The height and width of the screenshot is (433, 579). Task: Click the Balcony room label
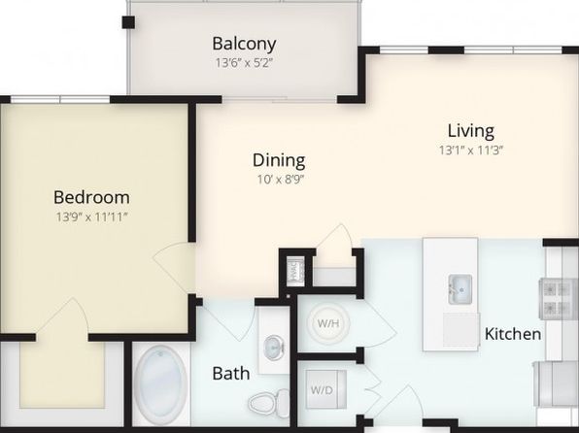(x=244, y=44)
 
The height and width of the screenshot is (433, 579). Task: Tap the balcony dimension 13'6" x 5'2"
(x=244, y=63)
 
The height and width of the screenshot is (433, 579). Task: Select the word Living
(x=471, y=131)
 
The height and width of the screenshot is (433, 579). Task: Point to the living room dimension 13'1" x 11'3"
(x=471, y=150)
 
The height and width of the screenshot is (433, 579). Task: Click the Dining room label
(x=279, y=160)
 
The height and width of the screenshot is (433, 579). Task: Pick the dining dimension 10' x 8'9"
(x=280, y=180)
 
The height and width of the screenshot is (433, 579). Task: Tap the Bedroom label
(x=91, y=197)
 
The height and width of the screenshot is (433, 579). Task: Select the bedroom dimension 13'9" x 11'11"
(x=91, y=216)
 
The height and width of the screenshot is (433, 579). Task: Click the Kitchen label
(x=513, y=334)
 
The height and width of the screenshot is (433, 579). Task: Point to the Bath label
(x=231, y=374)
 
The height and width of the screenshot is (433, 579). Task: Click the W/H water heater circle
(x=328, y=323)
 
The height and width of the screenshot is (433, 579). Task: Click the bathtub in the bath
(x=160, y=385)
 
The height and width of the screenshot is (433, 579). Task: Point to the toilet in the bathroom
(x=269, y=402)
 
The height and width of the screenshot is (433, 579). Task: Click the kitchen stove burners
(x=558, y=299)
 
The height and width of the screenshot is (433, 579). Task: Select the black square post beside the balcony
(x=128, y=22)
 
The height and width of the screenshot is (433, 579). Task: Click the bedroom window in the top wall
(x=60, y=99)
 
